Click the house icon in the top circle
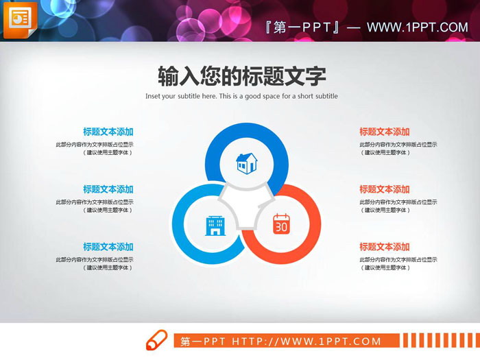[x=246, y=163]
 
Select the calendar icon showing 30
[x=282, y=224]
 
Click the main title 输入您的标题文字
[x=241, y=75]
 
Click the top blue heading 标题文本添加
[x=108, y=132]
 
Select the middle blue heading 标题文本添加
[x=108, y=189]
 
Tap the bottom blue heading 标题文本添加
[x=108, y=247]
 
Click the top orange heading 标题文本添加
[x=384, y=132]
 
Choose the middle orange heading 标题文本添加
[x=384, y=189]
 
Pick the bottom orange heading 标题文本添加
[x=384, y=247]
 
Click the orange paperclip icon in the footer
[x=156, y=340]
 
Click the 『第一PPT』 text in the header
[x=302, y=27]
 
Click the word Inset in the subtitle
[x=154, y=97]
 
